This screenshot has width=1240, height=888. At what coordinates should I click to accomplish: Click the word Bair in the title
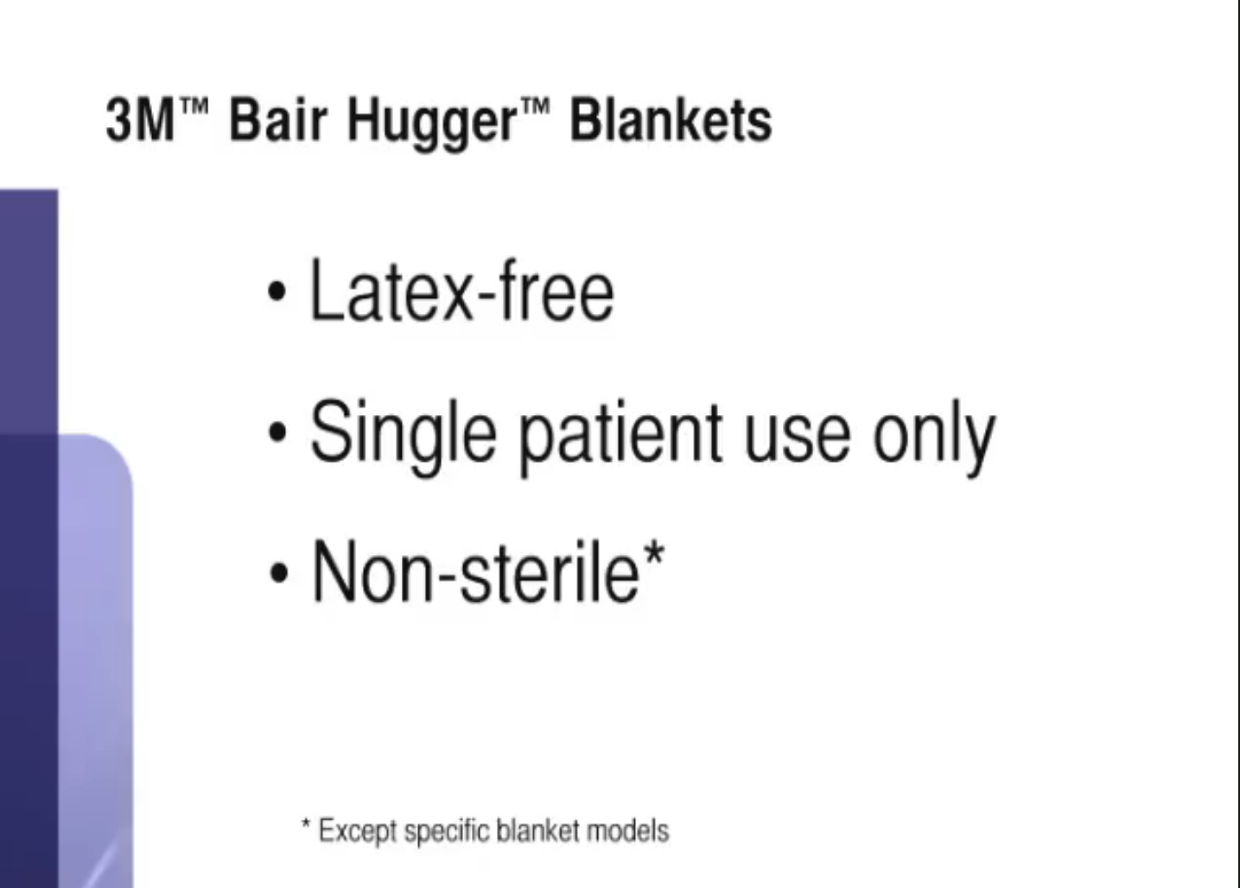[278, 119]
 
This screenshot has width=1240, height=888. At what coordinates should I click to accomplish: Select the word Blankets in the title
[671, 119]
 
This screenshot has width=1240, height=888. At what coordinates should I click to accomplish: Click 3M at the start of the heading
[140, 119]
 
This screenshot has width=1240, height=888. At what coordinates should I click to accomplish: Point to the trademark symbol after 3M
[194, 105]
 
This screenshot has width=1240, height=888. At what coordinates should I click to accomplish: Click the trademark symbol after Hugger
[535, 105]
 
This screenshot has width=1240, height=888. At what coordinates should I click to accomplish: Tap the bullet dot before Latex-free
[277, 291]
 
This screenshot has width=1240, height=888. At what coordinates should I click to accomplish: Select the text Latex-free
[463, 290]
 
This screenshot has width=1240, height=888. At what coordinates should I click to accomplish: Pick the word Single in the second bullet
[403, 437]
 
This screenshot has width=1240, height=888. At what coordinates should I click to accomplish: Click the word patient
[620, 437]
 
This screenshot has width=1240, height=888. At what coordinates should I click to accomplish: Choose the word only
[934, 437]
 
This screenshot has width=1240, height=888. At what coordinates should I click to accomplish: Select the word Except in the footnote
[358, 832]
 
